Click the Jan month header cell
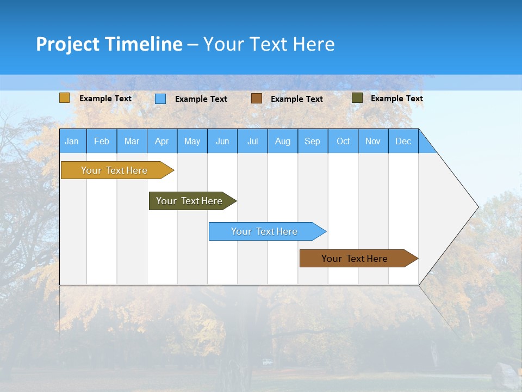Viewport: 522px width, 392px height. coord(72,141)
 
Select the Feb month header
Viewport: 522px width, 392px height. coord(102,141)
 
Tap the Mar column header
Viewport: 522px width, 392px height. coord(132,141)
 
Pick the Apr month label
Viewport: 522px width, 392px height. coord(162,141)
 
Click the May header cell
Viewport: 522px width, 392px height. coord(192,141)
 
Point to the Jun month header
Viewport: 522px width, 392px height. coord(222,141)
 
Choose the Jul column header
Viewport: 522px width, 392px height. coord(252,141)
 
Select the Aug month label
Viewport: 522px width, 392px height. coord(283,141)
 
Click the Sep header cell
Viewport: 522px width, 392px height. coord(313,141)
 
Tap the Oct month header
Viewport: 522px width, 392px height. coord(343,141)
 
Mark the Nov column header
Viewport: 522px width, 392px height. coord(373,141)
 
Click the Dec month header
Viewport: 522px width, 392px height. coord(403,141)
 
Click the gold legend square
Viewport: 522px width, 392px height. coord(65,98)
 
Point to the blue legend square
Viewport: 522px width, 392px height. coord(160,99)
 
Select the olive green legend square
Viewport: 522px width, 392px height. coord(357,98)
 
